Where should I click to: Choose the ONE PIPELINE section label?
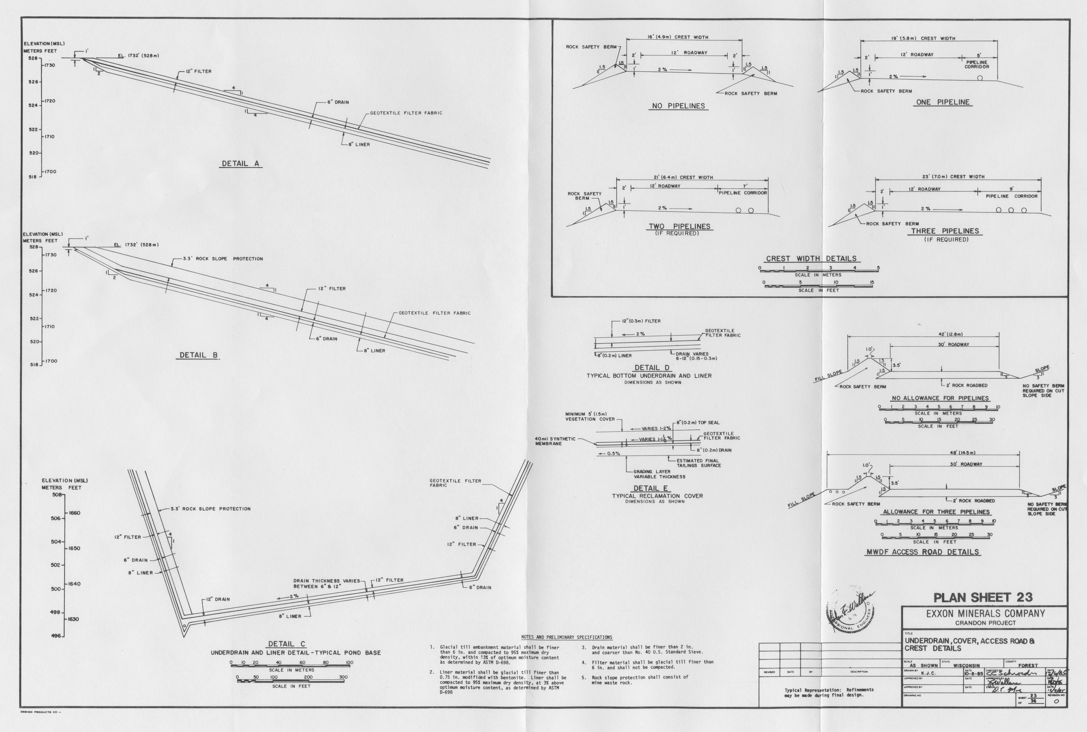tap(943, 102)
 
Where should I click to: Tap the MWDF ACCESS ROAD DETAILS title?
tap(922, 552)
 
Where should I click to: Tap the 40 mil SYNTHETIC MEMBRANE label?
tap(555, 441)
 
